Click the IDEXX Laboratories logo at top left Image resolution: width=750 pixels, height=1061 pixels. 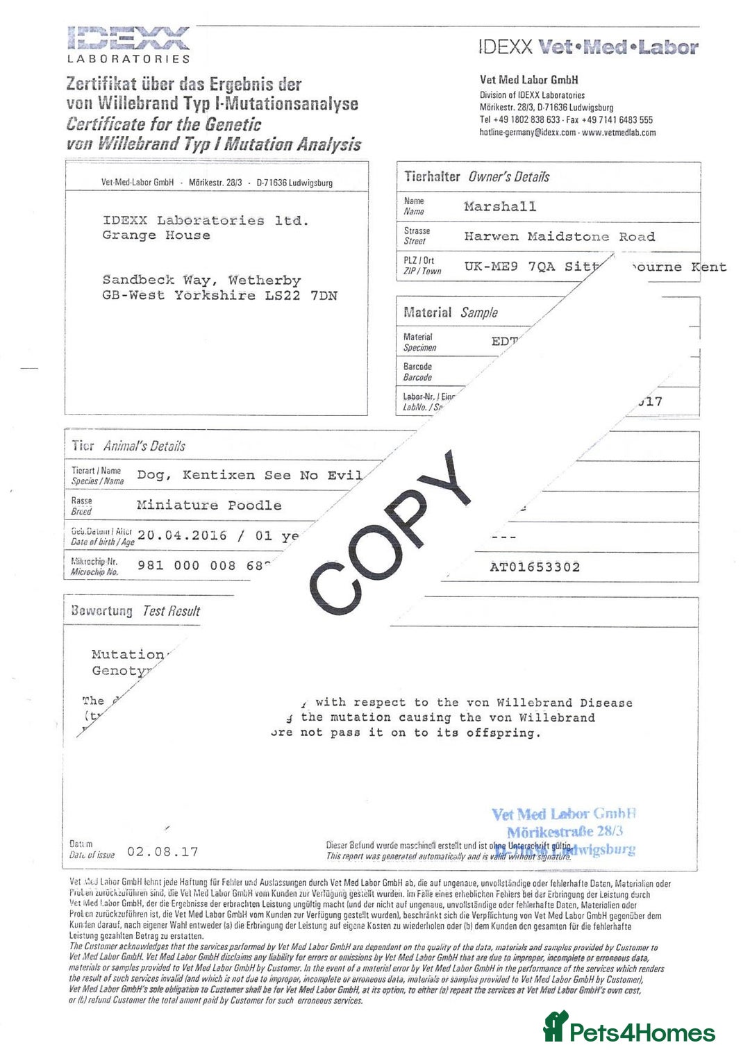128,44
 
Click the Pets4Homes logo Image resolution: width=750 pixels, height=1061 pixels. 629,1028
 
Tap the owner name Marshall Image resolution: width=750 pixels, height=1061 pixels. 500,206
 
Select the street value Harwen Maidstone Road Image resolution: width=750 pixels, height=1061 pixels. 559,237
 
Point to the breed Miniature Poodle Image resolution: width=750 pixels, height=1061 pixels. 209,506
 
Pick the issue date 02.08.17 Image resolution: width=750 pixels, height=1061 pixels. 162,852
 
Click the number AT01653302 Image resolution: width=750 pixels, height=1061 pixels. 535,567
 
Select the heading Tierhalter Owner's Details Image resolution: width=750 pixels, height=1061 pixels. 477,177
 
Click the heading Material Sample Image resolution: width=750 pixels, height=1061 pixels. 451,312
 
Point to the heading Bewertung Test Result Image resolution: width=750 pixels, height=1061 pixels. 135,611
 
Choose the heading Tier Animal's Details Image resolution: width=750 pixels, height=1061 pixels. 128,446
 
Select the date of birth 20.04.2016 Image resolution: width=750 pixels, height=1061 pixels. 182,535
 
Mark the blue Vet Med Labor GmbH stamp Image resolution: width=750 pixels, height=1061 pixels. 564,830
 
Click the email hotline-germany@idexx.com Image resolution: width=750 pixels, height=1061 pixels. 528,133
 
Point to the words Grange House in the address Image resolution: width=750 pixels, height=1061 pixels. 156,235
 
